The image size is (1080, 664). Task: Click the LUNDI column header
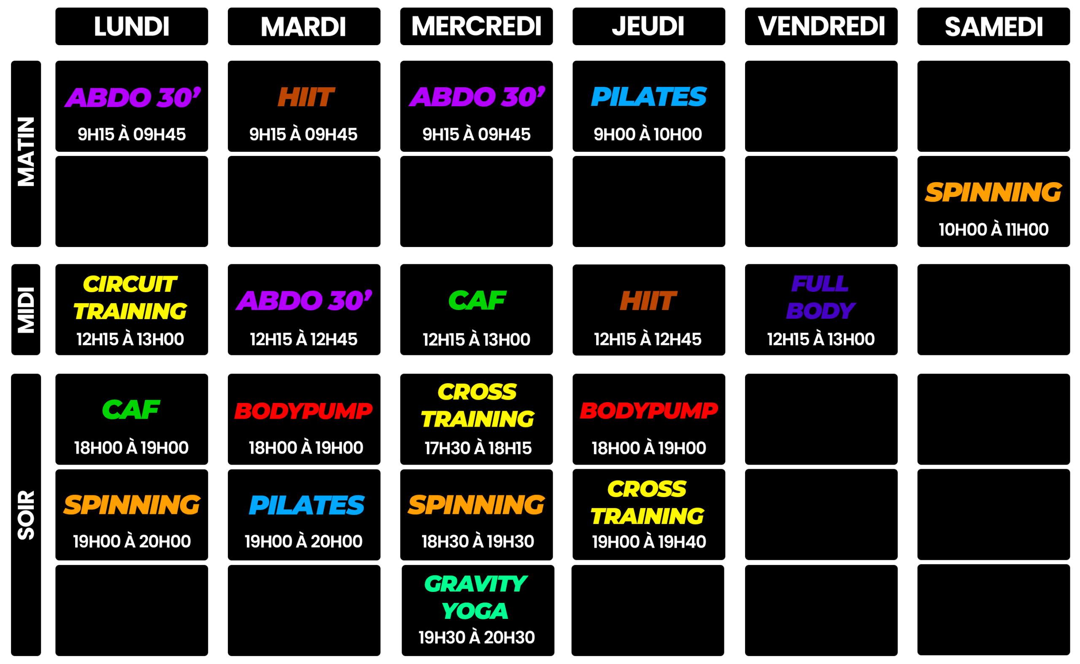131,26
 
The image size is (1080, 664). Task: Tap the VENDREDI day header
821,26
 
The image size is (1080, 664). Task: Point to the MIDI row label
26,309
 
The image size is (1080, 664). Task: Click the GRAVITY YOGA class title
476,597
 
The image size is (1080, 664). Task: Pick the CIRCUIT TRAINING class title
130,297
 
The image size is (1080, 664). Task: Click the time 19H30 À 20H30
476,637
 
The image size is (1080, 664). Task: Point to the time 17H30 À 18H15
478,448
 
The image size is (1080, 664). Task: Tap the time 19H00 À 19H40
648,542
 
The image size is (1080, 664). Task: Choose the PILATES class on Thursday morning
648,97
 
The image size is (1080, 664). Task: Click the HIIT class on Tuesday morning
305,97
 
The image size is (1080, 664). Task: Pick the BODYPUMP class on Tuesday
303,411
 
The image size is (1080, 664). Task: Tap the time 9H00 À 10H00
648,134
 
